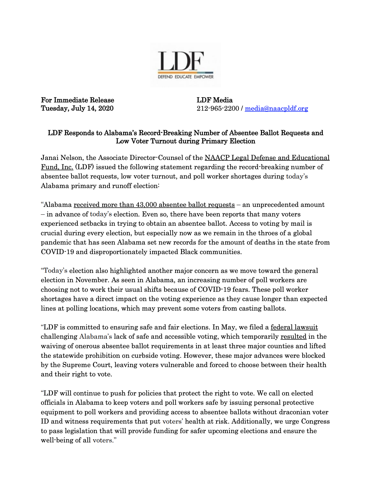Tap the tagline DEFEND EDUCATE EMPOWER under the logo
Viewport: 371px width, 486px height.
185,77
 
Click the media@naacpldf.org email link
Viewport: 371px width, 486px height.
276,108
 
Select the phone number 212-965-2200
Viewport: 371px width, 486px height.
218,108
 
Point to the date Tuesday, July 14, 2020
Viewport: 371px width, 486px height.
77,108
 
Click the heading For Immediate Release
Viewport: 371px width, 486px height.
77,100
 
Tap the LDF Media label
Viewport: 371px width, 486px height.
214,100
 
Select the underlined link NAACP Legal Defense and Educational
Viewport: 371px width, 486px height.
267,158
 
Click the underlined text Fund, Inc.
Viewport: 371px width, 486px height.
57,167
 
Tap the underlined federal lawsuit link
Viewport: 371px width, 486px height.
294,327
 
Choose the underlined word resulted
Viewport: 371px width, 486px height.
293,337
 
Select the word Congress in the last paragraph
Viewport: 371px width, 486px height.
315,422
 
